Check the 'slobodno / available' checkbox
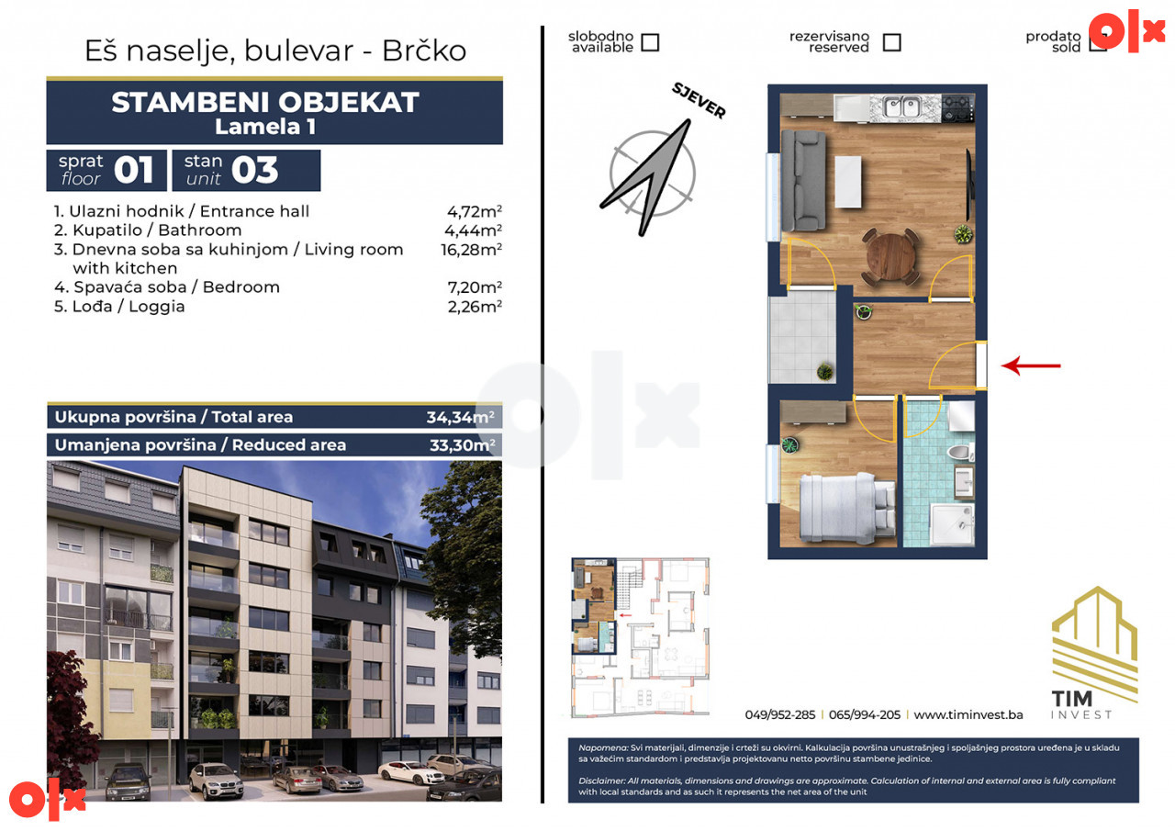(x=650, y=42)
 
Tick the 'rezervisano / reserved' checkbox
(x=891, y=42)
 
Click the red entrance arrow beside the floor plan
(x=1031, y=365)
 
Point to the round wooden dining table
(x=890, y=256)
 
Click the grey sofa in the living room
(x=802, y=181)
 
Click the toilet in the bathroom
(x=961, y=452)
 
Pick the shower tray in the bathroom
(x=952, y=524)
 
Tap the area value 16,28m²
(x=471, y=249)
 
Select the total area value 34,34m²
(x=460, y=417)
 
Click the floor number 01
(x=133, y=170)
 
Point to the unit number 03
(x=254, y=170)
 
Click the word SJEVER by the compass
(x=699, y=101)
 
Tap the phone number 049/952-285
(x=780, y=714)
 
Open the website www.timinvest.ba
(x=968, y=714)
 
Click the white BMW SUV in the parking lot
(x=216, y=780)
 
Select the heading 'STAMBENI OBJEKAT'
(x=265, y=102)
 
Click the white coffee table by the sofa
(x=848, y=182)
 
